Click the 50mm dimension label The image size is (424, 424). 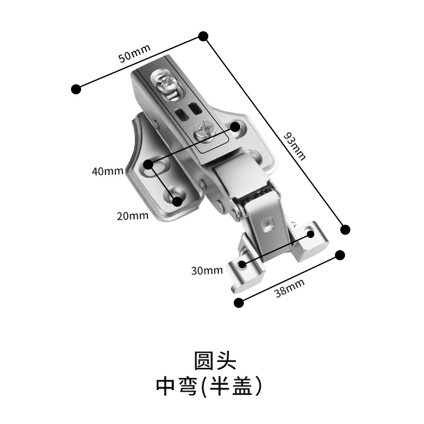(x=135, y=54)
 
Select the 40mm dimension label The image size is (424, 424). (x=107, y=171)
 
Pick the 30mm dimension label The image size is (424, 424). (x=207, y=270)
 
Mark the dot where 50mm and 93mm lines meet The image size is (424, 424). (x=203, y=36)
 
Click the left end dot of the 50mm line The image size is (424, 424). (x=77, y=89)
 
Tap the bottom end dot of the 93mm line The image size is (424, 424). (x=345, y=229)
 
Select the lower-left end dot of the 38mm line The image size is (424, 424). (x=239, y=302)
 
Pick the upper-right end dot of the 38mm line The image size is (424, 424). (x=340, y=254)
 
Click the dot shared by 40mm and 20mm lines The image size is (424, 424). (x=149, y=165)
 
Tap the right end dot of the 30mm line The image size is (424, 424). (x=310, y=233)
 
